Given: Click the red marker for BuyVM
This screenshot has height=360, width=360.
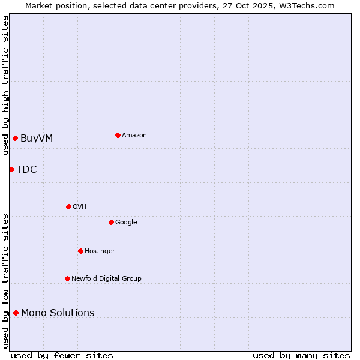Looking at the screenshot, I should pos(15,139).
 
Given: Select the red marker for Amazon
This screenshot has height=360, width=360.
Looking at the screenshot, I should pos(118,135).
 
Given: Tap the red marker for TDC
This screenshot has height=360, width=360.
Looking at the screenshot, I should pos(11,169).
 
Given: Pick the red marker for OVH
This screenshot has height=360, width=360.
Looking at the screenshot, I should pos(68,206).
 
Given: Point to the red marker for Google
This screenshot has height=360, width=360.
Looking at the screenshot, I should pos(111,222).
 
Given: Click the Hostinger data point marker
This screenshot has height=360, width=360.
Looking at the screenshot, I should pos(80,251).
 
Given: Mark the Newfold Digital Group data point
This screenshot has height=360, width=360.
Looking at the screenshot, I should pos(67,278).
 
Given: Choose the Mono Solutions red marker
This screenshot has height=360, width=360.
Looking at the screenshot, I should pos(16,313).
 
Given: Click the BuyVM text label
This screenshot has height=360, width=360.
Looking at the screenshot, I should pos(37,139).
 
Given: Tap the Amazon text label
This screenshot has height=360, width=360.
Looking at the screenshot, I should pos(134,136).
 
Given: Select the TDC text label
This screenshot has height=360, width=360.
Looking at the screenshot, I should pos(27,170).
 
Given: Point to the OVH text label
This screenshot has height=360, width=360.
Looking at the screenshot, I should pos(80,207).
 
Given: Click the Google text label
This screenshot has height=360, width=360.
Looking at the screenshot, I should pos(126,223).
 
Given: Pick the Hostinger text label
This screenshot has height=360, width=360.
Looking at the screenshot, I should pos(100,251).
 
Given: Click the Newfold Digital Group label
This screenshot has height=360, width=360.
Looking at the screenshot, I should pos(107,278).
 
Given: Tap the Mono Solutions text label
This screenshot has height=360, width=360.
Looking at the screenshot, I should pos(58,313).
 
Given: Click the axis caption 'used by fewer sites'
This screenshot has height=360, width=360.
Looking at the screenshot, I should pos(62,355).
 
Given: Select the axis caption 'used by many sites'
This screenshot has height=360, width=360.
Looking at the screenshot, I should pos(301,355).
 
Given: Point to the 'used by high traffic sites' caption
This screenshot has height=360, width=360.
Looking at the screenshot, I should pos(5,85).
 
